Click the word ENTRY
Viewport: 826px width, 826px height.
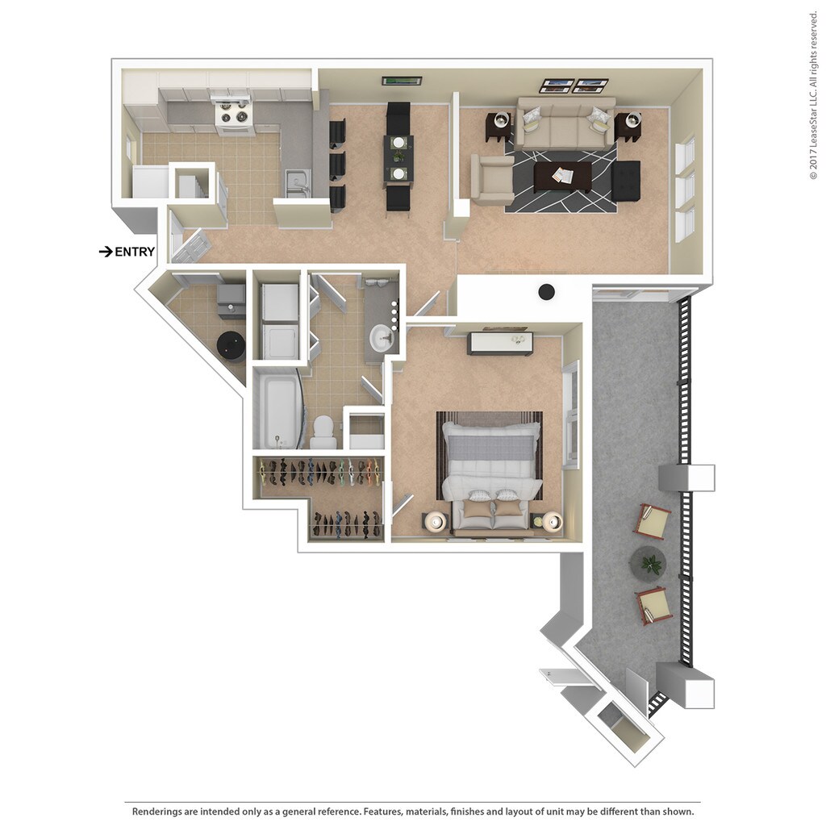coord(135,252)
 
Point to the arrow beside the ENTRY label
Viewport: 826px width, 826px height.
coord(105,252)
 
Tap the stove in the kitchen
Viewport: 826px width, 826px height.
coord(234,115)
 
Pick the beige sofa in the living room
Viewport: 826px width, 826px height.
coord(565,123)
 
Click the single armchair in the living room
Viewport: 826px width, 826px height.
coord(491,178)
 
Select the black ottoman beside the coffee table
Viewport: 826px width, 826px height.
coord(626,181)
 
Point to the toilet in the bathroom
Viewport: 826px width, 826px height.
coord(323,433)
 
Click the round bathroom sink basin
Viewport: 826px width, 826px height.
coord(380,337)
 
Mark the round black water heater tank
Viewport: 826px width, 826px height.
coord(231,345)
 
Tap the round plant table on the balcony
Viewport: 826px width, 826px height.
coord(648,561)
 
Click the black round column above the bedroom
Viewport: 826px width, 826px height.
coord(547,291)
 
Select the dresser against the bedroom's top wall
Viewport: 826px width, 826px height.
coord(500,343)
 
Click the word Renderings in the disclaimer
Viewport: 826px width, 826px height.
coord(165,811)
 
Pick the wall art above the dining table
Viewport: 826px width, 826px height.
coord(401,81)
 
